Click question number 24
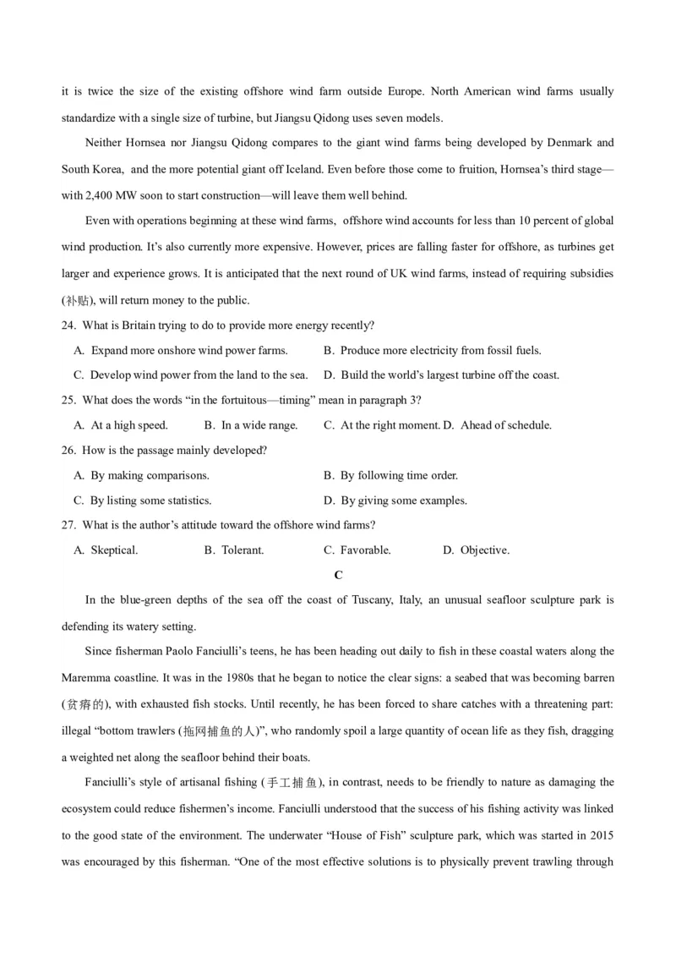click(x=69, y=325)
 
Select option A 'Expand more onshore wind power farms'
click(x=188, y=351)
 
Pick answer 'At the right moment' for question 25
click(x=389, y=425)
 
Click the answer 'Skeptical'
click(x=114, y=550)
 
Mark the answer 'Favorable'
click(x=365, y=550)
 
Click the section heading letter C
click(x=338, y=575)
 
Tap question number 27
click(x=69, y=525)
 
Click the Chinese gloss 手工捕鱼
click(x=294, y=783)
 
